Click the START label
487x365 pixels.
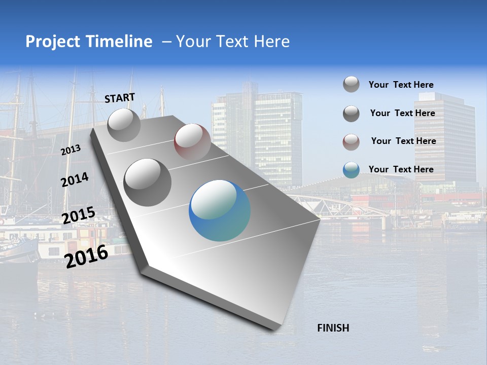[120, 98]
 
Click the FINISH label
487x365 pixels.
[333, 328]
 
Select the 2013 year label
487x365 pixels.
[71, 150]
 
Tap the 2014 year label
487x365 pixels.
[75, 179]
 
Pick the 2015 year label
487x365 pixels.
[78, 215]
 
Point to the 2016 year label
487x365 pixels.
[87, 256]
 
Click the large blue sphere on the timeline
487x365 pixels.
[220, 210]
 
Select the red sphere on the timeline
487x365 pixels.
[192, 142]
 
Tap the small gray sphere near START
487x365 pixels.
[124, 125]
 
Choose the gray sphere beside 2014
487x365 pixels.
[148, 182]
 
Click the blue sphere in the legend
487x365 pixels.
[351, 170]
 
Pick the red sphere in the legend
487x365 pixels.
[351, 142]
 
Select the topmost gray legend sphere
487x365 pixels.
[351, 85]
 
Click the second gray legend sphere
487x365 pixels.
[351, 114]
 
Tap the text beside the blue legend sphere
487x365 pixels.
[401, 169]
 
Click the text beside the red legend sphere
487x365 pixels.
[403, 141]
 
